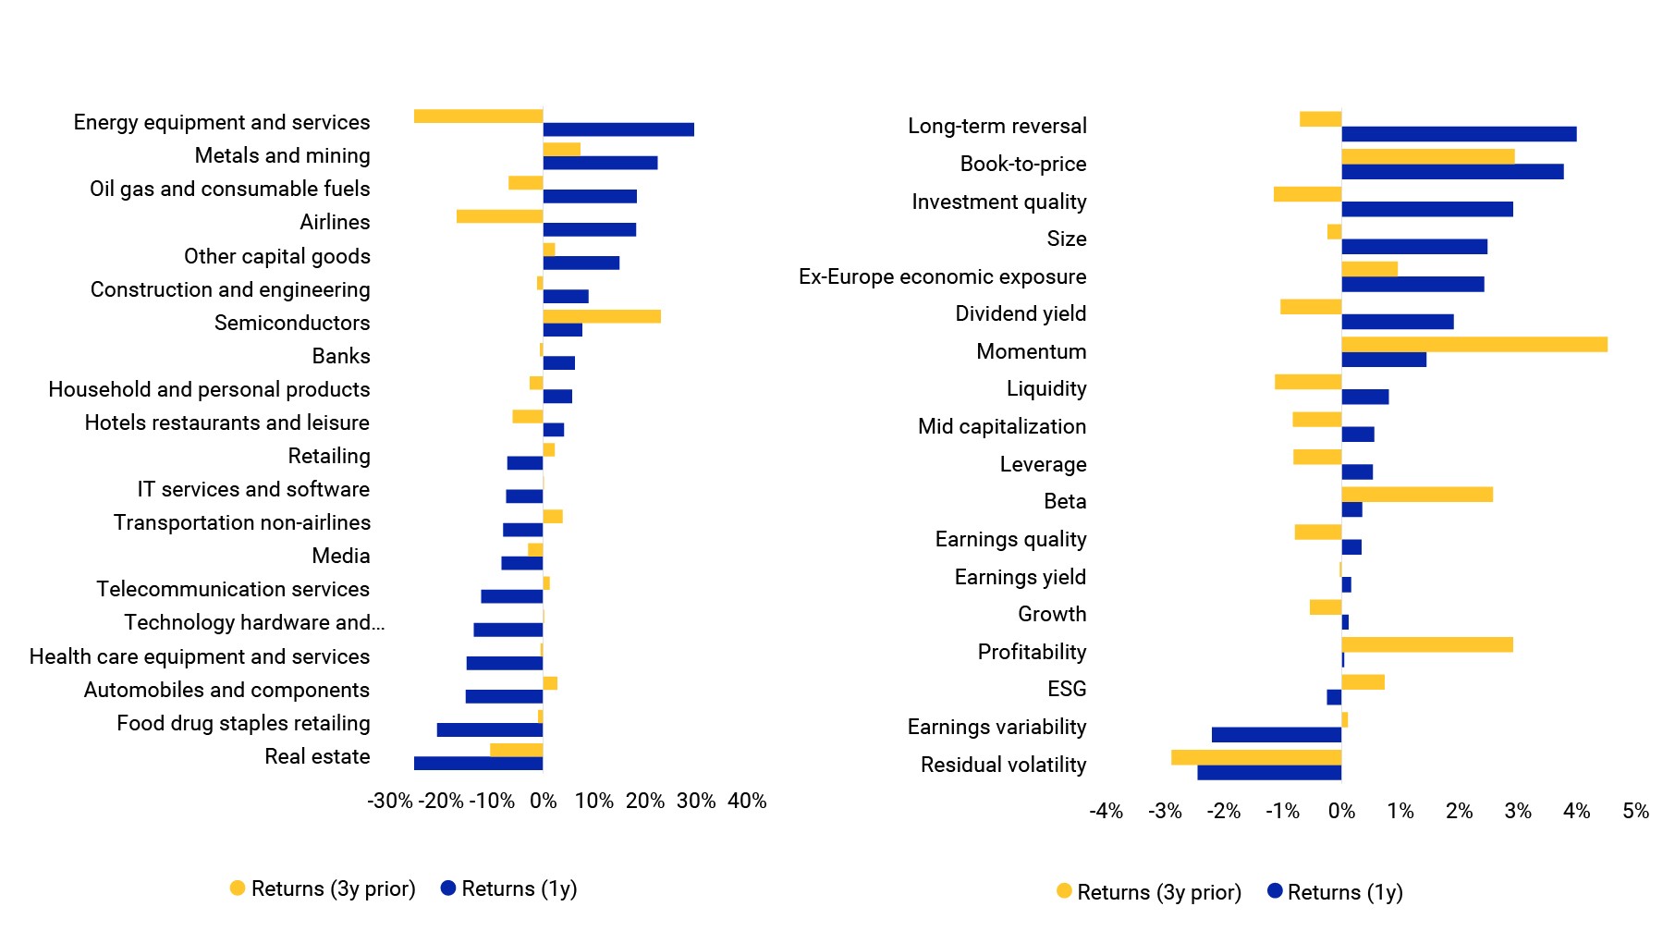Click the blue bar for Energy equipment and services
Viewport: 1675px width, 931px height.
[x=618, y=129]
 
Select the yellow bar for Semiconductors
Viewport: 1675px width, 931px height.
[x=602, y=316]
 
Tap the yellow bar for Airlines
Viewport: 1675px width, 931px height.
[x=500, y=216]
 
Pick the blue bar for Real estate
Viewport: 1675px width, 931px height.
[x=479, y=764]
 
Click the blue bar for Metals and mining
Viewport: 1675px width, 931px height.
[x=601, y=163]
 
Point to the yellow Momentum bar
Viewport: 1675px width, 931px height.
[x=1474, y=345]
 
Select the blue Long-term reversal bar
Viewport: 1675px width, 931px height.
[x=1460, y=134]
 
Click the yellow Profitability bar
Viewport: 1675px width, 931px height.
[x=1427, y=644]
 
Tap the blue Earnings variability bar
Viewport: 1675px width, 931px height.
[x=1277, y=735]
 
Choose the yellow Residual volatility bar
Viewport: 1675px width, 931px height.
[x=1256, y=757]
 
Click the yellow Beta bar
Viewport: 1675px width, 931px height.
[x=1417, y=495]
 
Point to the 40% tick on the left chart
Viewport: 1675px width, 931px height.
[x=747, y=801]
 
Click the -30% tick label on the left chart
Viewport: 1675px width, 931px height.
[x=390, y=801]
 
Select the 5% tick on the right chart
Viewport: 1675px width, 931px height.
[x=1635, y=811]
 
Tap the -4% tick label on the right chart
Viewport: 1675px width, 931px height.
[x=1106, y=811]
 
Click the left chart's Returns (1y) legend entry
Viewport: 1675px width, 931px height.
[x=509, y=888]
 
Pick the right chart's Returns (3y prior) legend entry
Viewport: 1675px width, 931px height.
[x=1149, y=892]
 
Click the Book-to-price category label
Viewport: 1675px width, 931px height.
[x=1023, y=164]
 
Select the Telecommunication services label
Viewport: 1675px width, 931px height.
[x=233, y=589]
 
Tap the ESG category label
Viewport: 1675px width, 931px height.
[x=1067, y=689]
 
